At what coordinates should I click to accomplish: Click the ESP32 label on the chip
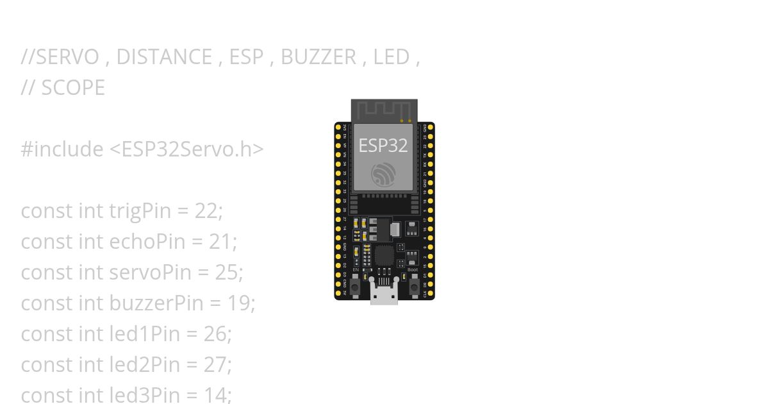click(x=383, y=146)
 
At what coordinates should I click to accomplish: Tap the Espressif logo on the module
click(x=384, y=174)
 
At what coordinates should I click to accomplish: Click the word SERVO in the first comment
click(x=67, y=57)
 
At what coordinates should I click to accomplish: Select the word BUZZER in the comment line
click(x=318, y=57)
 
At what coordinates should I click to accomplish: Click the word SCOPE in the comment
click(x=72, y=88)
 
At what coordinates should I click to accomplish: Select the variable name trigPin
click(x=140, y=211)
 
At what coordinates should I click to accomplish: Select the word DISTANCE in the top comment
click(x=164, y=57)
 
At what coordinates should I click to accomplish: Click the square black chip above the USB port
click(x=384, y=256)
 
